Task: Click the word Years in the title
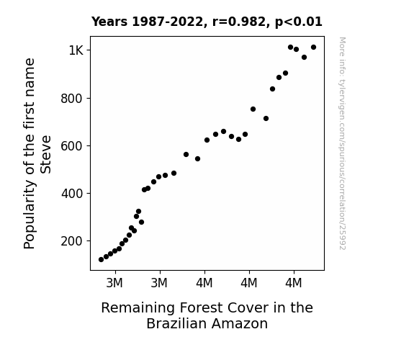pos(109,22)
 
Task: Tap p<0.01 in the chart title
pos(299,22)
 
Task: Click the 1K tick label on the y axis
pos(76,50)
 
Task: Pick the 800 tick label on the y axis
pos(72,99)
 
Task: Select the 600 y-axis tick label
pos(72,146)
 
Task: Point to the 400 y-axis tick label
pos(72,194)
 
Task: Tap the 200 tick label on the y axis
pos(72,241)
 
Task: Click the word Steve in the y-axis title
pos(45,155)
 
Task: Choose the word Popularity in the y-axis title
pos(30,215)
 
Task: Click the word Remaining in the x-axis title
pos(138,308)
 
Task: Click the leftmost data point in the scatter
pos(101,260)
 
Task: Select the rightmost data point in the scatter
pos(314,48)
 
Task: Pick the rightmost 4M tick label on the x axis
pos(294,283)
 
